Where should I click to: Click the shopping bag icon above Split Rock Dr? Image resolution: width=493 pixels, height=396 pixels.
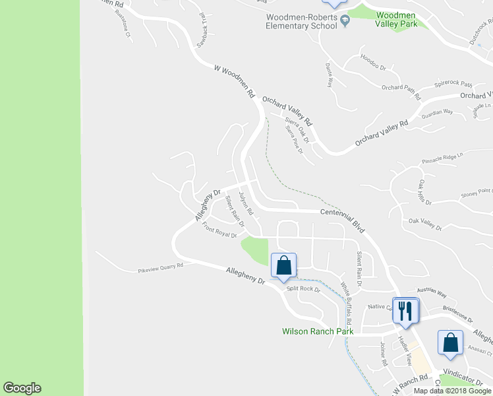283,266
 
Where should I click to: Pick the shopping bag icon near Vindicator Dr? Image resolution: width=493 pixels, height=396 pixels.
450,343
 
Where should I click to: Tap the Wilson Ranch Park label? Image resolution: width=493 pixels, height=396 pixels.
318,331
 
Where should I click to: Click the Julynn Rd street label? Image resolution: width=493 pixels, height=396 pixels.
246,205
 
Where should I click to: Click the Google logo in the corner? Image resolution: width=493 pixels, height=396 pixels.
22,388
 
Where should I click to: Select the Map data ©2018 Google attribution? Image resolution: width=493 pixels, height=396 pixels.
452,391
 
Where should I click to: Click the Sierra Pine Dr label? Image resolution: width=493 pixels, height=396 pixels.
294,141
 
